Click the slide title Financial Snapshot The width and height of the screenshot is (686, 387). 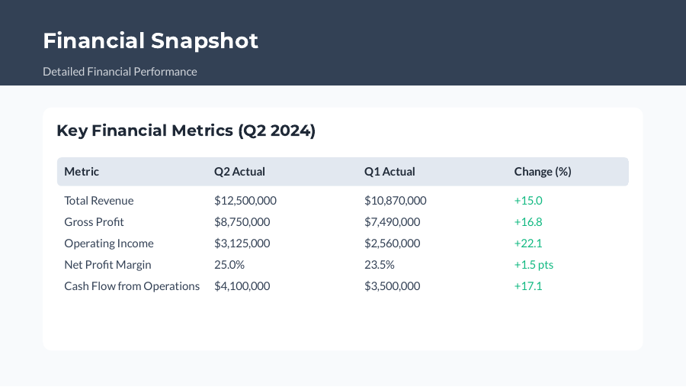pos(150,40)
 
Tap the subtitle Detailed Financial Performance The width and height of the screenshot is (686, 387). pos(120,72)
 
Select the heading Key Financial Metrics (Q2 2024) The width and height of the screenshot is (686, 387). pos(186,131)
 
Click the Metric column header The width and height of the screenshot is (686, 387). pos(82,172)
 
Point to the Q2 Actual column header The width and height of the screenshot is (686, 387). pos(239,172)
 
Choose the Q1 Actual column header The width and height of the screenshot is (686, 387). pos(389,172)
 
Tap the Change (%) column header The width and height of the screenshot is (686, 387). pos(543,172)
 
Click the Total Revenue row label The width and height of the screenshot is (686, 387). pos(99,201)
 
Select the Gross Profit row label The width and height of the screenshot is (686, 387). pos(94,222)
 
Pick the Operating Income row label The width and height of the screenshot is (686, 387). pos(109,243)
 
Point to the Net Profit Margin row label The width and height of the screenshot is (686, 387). pos(107,265)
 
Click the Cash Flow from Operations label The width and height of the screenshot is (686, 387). pos(132,286)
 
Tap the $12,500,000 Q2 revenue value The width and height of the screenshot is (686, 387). pos(245,201)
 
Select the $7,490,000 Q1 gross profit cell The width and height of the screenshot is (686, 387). pos(393,222)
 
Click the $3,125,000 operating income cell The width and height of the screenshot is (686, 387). pos(242,243)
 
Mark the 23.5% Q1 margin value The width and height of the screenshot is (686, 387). pos(380,265)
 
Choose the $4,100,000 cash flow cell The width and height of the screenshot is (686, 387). pos(242,286)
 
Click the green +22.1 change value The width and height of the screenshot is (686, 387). pos(528,243)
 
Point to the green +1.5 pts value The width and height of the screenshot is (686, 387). pos(534,265)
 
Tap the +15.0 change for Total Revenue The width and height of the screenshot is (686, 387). pos(528,201)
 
